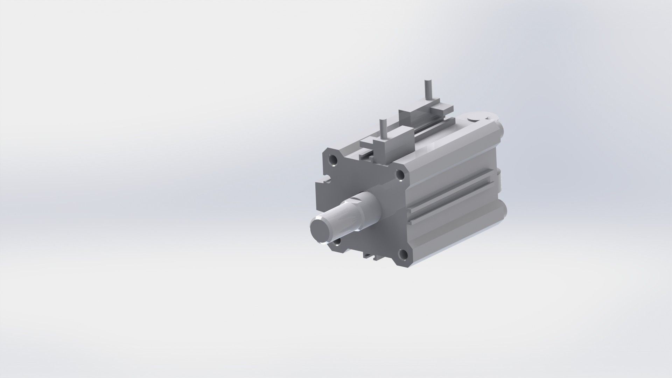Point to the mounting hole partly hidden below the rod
(337, 241)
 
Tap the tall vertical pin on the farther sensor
(427, 89)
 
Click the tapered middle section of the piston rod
(345, 217)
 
